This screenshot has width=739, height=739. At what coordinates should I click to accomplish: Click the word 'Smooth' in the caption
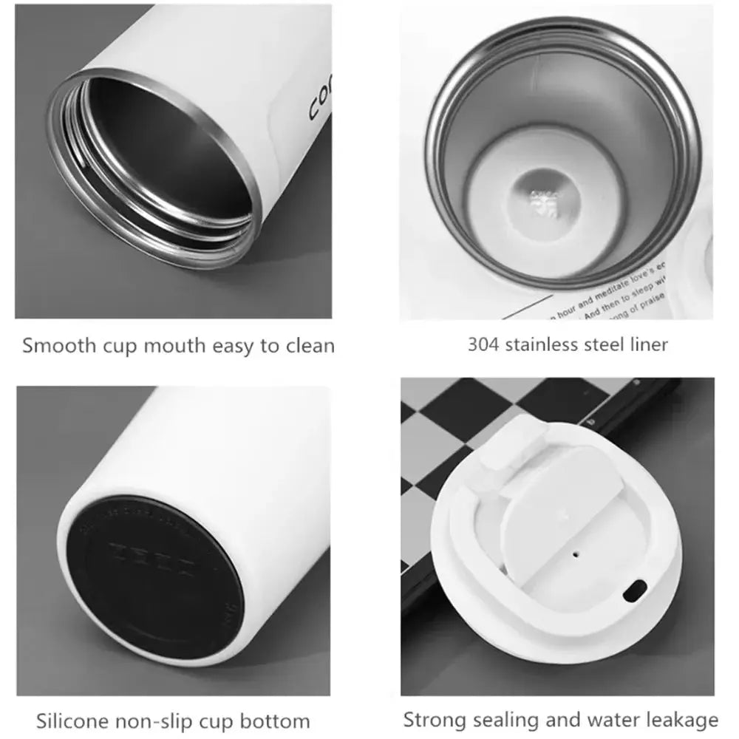tap(51, 345)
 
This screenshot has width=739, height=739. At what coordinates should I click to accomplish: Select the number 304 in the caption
tap(484, 344)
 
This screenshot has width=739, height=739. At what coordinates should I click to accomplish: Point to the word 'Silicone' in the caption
tap(71, 720)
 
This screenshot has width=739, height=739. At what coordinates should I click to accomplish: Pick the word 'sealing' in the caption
tap(502, 719)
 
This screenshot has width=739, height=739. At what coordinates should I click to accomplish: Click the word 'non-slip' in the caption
tap(154, 720)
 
